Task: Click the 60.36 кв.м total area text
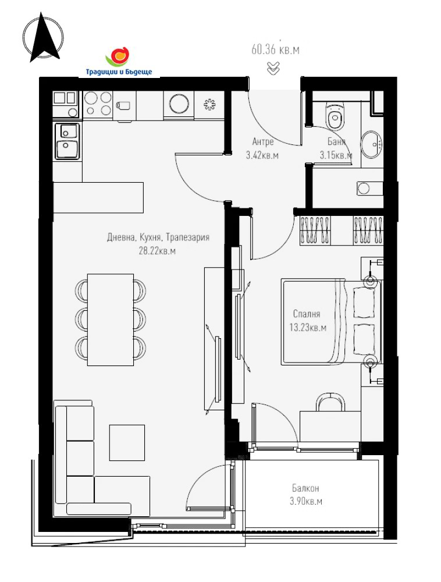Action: pyautogui.click(x=275, y=49)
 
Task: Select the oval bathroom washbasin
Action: pyautogui.click(x=372, y=145)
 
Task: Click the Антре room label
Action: pyautogui.click(x=263, y=141)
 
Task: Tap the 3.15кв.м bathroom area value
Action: pyautogui.click(x=336, y=155)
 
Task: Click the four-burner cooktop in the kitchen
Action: pyautogui.click(x=98, y=104)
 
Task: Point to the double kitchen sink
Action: pyautogui.click(x=67, y=141)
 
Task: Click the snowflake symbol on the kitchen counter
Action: pyautogui.click(x=209, y=104)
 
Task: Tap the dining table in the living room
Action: pyautogui.click(x=111, y=320)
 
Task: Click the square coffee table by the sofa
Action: pyautogui.click(x=127, y=443)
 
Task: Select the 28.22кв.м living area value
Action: pyautogui.click(x=157, y=251)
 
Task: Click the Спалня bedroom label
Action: pyautogui.click(x=307, y=314)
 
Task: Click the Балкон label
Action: pyautogui.click(x=305, y=488)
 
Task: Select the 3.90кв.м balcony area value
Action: pyautogui.click(x=306, y=502)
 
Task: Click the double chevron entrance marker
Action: pyautogui.click(x=273, y=69)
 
